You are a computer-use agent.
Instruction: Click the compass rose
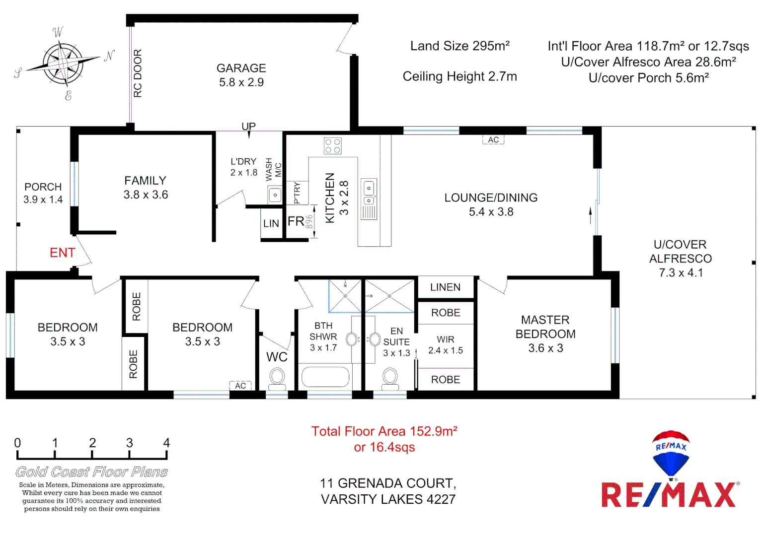(x=64, y=64)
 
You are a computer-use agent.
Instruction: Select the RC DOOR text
(x=138, y=73)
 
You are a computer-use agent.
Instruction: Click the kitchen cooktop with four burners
(x=332, y=146)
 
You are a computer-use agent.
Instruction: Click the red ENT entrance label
(x=63, y=253)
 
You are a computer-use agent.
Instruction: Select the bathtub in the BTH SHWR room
(x=325, y=377)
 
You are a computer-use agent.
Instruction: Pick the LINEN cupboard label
(x=445, y=287)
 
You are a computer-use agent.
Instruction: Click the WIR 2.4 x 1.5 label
(x=446, y=345)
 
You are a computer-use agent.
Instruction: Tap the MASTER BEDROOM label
(x=545, y=334)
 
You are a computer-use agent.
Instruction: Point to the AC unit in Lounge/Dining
(x=493, y=140)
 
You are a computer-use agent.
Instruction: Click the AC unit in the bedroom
(x=240, y=386)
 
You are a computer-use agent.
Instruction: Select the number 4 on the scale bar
(x=166, y=443)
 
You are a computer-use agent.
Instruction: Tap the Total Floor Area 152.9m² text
(x=384, y=431)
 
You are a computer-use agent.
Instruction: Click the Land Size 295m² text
(x=459, y=46)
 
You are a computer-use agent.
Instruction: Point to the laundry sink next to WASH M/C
(x=275, y=195)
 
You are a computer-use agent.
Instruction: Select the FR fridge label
(x=296, y=221)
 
